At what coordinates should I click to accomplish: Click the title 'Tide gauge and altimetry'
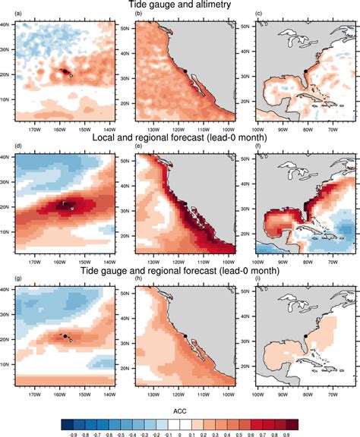180,5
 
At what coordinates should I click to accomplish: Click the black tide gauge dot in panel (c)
305,70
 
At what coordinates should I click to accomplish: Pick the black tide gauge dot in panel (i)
305,335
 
